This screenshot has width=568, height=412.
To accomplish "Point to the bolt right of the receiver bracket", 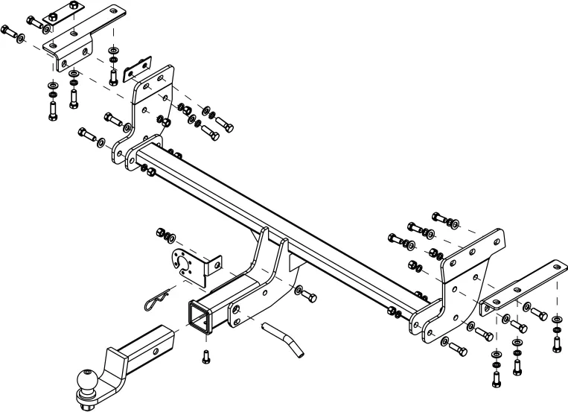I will [305, 292].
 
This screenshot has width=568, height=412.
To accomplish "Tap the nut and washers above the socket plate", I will [165, 235].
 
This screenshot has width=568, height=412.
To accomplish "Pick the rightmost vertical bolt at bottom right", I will [556, 341].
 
